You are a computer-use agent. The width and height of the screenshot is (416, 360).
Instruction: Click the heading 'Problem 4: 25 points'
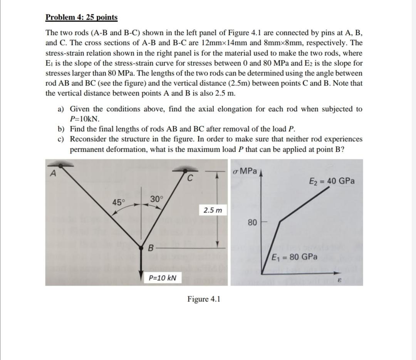81,17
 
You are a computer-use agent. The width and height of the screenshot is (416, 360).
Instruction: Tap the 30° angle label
157,199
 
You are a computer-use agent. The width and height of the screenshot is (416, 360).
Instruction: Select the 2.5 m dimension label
213,210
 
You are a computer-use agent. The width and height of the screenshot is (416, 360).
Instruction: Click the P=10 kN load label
162,277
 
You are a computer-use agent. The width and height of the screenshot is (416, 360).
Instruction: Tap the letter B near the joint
151,247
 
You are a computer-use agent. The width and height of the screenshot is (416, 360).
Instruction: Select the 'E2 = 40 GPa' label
332,181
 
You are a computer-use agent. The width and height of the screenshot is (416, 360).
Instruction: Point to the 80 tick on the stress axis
252,222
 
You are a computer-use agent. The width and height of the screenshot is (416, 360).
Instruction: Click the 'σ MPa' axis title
245,171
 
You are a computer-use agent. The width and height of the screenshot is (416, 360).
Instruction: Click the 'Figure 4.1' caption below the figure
204,299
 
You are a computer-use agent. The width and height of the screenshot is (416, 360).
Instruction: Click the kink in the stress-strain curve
280,221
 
